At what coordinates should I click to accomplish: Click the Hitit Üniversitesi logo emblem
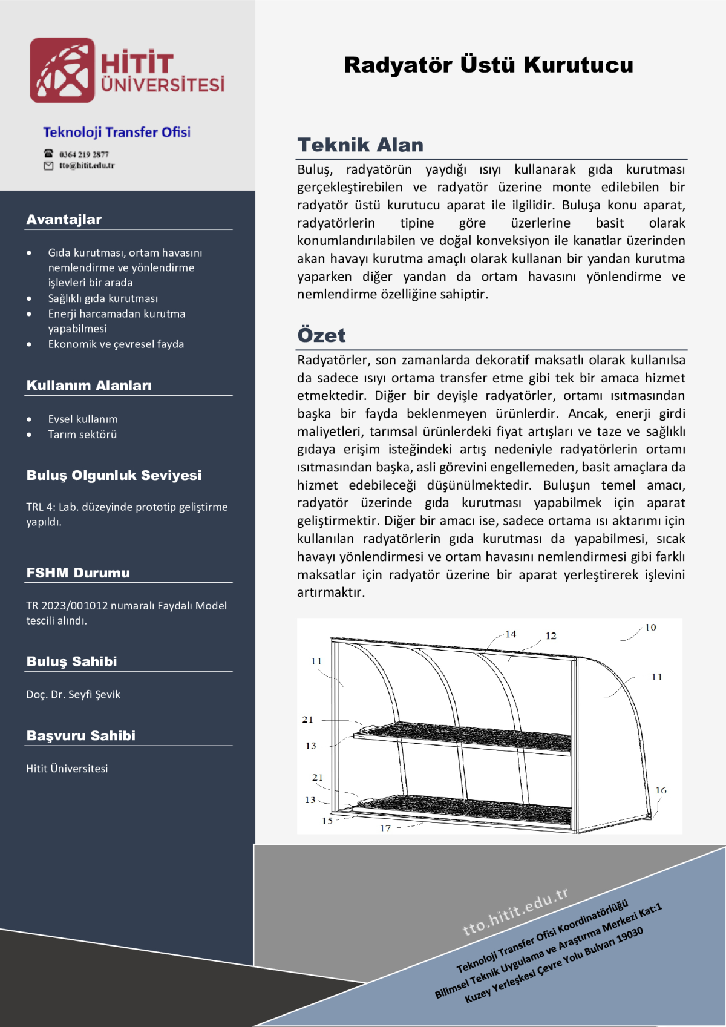(62, 70)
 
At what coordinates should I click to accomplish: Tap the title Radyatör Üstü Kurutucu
(488, 65)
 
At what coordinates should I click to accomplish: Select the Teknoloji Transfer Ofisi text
(117, 133)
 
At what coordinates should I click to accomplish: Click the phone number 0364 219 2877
(84, 154)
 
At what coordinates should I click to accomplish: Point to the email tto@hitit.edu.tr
(87, 165)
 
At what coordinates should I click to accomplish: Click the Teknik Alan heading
(360, 145)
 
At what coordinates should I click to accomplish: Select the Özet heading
(321, 335)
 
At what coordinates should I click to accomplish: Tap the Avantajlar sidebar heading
(64, 220)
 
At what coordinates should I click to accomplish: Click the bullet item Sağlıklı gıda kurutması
(103, 298)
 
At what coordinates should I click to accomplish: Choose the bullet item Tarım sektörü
(82, 435)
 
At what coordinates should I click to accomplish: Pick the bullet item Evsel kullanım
(83, 419)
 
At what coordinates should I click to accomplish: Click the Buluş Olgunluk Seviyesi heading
(114, 476)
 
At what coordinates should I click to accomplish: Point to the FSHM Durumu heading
(78, 573)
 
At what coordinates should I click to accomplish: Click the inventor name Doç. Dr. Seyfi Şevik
(73, 695)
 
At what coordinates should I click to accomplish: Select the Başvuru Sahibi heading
(81, 736)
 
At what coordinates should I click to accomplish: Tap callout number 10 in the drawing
(650, 628)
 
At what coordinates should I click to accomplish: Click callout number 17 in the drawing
(385, 828)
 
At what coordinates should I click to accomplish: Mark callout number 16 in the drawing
(661, 790)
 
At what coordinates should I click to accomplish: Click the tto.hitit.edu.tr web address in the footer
(515, 911)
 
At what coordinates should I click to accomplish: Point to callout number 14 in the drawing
(511, 634)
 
